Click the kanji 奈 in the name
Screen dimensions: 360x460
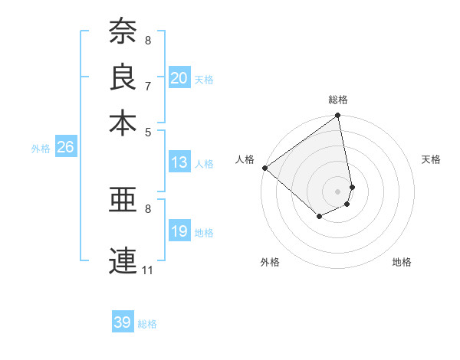tap(123, 31)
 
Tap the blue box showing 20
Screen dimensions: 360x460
tap(179, 78)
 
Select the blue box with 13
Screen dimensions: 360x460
tap(179, 162)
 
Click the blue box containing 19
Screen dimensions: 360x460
tap(179, 232)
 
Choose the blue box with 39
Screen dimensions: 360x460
tap(123, 323)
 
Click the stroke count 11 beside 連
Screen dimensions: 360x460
tap(148, 270)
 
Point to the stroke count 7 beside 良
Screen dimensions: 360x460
tap(148, 86)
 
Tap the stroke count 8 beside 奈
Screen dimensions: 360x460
tap(148, 40)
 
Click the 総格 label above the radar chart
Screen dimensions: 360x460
tap(338, 100)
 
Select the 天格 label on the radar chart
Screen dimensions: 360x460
tap(431, 159)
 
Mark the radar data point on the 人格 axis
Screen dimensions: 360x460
tap(264, 168)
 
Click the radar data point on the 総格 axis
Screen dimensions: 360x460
tap(338, 116)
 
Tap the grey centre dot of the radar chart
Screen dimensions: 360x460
tap(338, 191)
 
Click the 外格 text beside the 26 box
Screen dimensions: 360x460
tap(41, 149)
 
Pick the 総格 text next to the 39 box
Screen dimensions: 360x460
tap(147, 324)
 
